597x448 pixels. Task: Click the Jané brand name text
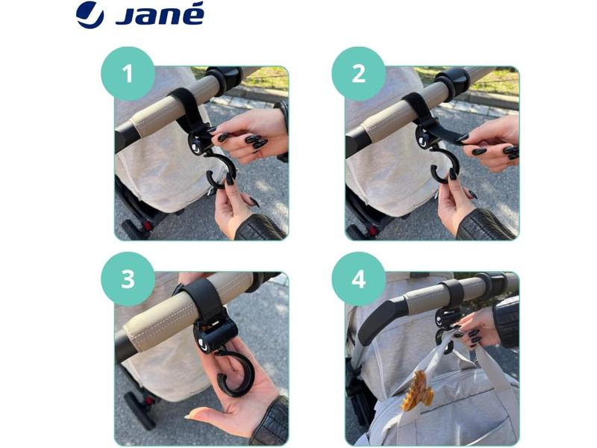point(160,14)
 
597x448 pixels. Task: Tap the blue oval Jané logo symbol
point(90,15)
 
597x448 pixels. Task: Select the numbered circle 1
point(128,73)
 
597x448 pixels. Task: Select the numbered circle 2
point(359,73)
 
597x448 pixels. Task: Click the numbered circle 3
point(128,279)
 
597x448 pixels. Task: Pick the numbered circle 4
point(359,279)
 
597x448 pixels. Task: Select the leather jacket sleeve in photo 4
point(507,321)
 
